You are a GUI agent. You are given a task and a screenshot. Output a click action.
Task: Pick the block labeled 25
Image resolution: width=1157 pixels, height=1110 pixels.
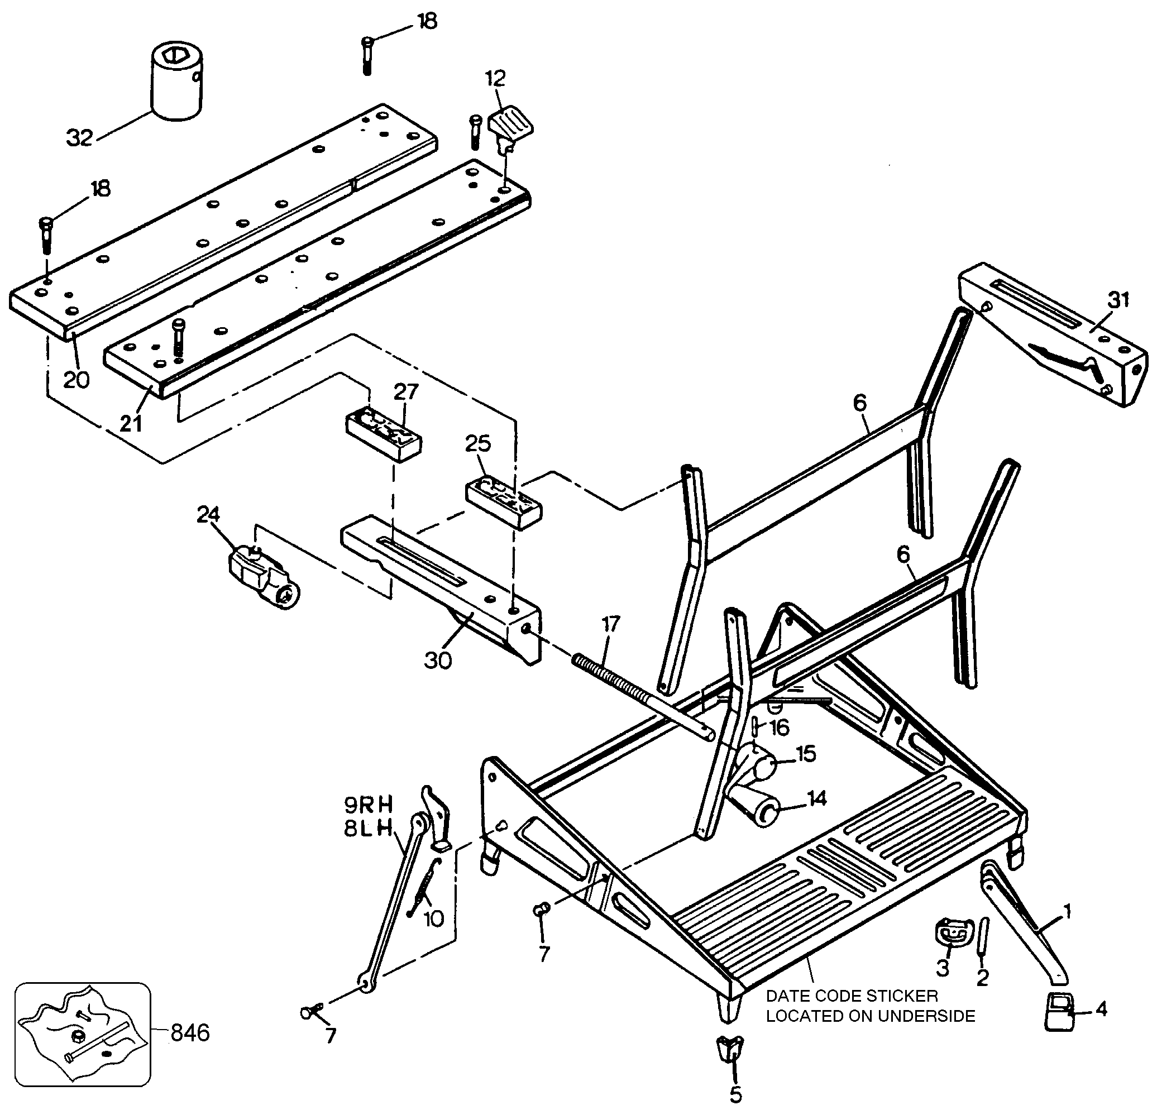504,505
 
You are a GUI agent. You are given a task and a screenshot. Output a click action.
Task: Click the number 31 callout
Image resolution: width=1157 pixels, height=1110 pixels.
1117,300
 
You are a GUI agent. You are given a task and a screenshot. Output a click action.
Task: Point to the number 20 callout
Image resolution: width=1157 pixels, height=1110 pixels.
76,380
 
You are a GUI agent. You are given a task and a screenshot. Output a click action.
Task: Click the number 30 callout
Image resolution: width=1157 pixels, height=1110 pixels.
438,661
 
